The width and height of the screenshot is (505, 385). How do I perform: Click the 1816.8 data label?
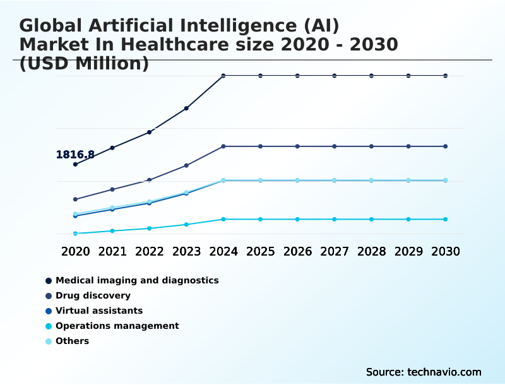click(75, 155)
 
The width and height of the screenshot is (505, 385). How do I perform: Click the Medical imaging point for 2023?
click(186, 109)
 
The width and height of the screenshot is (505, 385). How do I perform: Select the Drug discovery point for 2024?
click(223, 146)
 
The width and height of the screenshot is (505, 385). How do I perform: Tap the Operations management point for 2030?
click(446, 219)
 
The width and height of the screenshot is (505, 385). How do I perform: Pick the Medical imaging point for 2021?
click(112, 148)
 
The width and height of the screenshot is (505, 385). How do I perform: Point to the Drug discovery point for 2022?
click(150, 180)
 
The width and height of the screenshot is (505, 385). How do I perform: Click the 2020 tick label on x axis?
click(75, 251)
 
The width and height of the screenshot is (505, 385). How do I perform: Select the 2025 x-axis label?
click(260, 251)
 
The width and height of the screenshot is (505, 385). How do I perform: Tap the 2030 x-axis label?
click(446, 251)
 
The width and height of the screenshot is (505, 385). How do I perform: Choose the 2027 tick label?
click(335, 251)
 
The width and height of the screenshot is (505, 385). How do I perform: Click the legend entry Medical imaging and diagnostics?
click(137, 280)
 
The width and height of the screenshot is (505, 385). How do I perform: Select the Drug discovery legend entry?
click(93, 295)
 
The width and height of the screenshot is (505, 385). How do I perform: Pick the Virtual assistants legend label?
click(99, 311)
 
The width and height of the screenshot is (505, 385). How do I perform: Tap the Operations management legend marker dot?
click(48, 326)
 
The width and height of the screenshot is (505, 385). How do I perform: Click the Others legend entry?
click(72, 341)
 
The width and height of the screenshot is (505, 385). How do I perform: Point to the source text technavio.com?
click(444, 372)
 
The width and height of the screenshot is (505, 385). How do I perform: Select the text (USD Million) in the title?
click(84, 64)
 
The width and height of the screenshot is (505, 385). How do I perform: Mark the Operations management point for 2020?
click(75, 234)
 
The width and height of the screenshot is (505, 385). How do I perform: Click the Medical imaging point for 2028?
click(371, 76)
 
